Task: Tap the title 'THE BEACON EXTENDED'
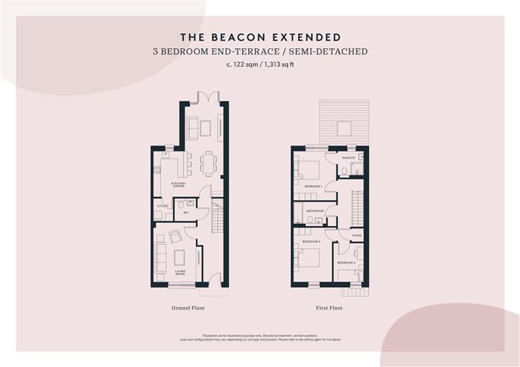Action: tap(259, 37)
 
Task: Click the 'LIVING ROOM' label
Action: tap(181, 273)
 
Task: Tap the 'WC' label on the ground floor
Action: tap(187, 212)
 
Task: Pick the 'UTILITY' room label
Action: tap(162, 206)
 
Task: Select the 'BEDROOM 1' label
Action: tap(313, 187)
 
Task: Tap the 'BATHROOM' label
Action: tap(314, 211)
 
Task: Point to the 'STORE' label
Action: tap(357, 234)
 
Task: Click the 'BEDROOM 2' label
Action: tap(312, 242)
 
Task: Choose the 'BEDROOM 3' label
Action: tap(346, 264)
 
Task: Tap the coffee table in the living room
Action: tap(179, 257)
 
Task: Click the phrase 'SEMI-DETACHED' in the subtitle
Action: tap(326, 52)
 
